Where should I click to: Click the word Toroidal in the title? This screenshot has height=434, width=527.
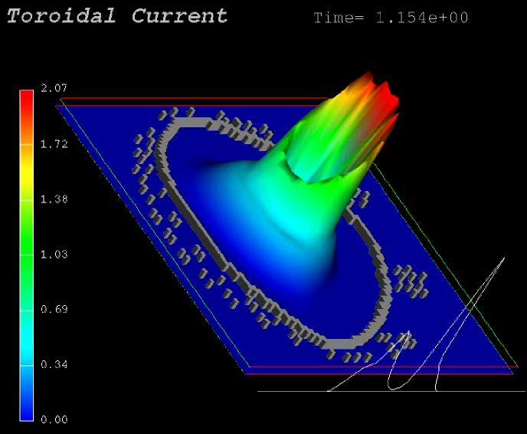pyautogui.click(x=61, y=16)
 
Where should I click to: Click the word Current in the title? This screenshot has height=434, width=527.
pyautogui.click(x=179, y=16)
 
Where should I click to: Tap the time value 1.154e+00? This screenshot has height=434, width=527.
pyautogui.click(x=422, y=18)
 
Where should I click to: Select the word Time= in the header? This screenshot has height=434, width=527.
pyautogui.click(x=339, y=18)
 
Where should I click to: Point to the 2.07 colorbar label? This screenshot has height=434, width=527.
pyautogui.click(x=54, y=88)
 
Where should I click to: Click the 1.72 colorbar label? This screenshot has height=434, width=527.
pyautogui.click(x=54, y=144)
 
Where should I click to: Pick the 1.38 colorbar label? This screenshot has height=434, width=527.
pyautogui.click(x=54, y=199)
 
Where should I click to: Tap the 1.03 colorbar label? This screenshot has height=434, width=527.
pyautogui.click(x=54, y=254)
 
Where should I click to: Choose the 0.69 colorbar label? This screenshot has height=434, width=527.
pyautogui.click(x=54, y=309)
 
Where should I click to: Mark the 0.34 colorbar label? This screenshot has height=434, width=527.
pyautogui.click(x=54, y=364)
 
